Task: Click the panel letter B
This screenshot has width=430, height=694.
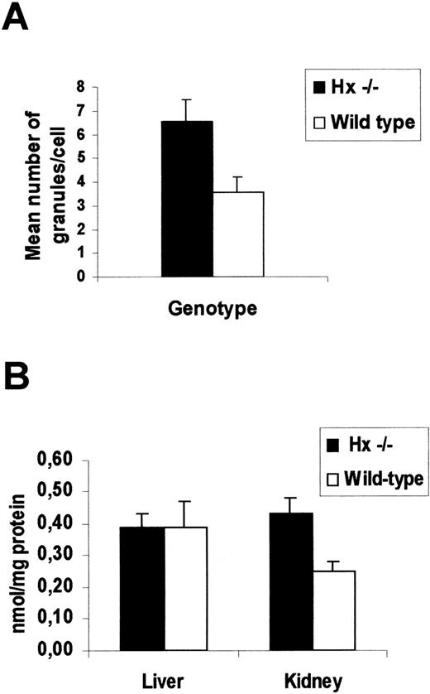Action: click(20, 382)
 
